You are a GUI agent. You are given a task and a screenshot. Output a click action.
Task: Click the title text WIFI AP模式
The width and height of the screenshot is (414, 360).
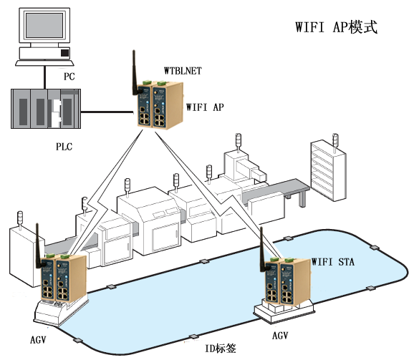[336, 27]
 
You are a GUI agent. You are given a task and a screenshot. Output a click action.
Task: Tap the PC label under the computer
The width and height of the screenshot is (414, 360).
[69, 77]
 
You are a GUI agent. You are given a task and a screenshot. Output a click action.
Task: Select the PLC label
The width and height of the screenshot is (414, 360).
[64, 147]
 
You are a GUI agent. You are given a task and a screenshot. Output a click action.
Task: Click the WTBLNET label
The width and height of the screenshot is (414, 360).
[183, 71]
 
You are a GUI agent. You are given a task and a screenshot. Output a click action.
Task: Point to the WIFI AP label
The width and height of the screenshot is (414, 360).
[205, 107]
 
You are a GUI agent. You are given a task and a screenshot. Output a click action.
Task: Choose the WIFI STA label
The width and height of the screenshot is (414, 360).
[333, 262]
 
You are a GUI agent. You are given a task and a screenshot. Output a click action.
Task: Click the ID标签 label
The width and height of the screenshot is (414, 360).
[221, 349]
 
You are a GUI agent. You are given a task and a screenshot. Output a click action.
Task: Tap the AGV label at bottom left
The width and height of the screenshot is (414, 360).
[38, 340]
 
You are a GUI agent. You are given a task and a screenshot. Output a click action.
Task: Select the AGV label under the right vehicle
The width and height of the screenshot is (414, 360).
[280, 336]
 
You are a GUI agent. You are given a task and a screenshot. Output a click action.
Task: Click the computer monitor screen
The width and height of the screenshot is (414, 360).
[44, 25]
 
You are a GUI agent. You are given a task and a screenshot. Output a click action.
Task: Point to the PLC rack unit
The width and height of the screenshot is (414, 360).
[46, 109]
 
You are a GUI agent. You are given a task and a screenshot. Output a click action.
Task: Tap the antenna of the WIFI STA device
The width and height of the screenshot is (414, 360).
[262, 250]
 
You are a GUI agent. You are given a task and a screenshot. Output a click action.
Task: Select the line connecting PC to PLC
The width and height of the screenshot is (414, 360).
[45, 77]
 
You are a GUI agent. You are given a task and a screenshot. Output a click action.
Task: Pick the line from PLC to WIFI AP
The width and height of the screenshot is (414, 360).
[107, 112]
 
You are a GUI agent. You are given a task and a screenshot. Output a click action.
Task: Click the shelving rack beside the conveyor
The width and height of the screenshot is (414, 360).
[328, 171]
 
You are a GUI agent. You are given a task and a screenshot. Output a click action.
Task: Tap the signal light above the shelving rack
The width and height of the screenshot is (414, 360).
[335, 142]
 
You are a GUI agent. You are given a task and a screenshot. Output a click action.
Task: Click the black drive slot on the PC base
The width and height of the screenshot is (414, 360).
[65, 53]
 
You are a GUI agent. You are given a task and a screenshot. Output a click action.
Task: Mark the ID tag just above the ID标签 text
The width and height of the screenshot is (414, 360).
[193, 337]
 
